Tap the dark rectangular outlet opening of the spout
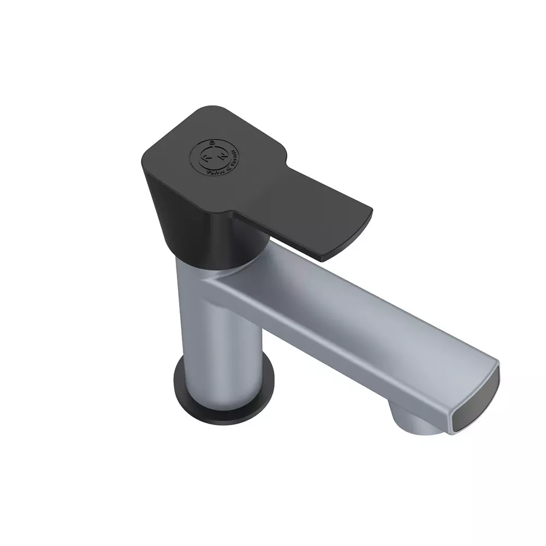pyautogui.click(x=475, y=401)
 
